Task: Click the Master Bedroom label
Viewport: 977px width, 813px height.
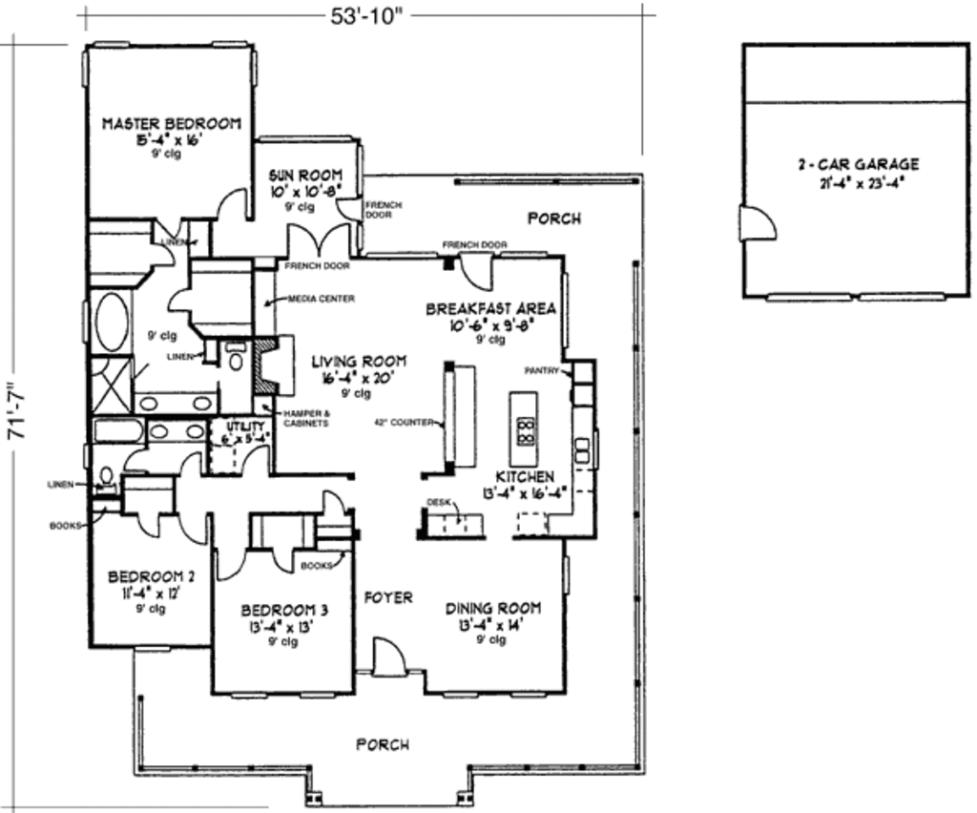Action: coord(171,123)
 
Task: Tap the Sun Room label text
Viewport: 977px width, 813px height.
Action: coord(300,176)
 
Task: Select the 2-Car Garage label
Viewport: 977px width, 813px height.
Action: coord(858,164)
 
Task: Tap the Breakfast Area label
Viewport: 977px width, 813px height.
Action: coord(490,309)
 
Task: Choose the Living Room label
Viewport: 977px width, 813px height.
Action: coord(359,362)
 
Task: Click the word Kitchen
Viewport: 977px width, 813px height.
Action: coord(524,476)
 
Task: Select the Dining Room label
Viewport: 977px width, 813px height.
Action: coord(493,608)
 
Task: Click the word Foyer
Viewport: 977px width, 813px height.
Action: coord(389,597)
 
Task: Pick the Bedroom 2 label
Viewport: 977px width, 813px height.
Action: coord(152,576)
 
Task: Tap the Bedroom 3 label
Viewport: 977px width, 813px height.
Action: coord(283,610)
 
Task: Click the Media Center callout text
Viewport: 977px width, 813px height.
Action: coord(322,299)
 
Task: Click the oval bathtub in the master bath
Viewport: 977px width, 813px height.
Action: coord(111,323)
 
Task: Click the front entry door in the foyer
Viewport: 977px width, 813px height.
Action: coord(389,658)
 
